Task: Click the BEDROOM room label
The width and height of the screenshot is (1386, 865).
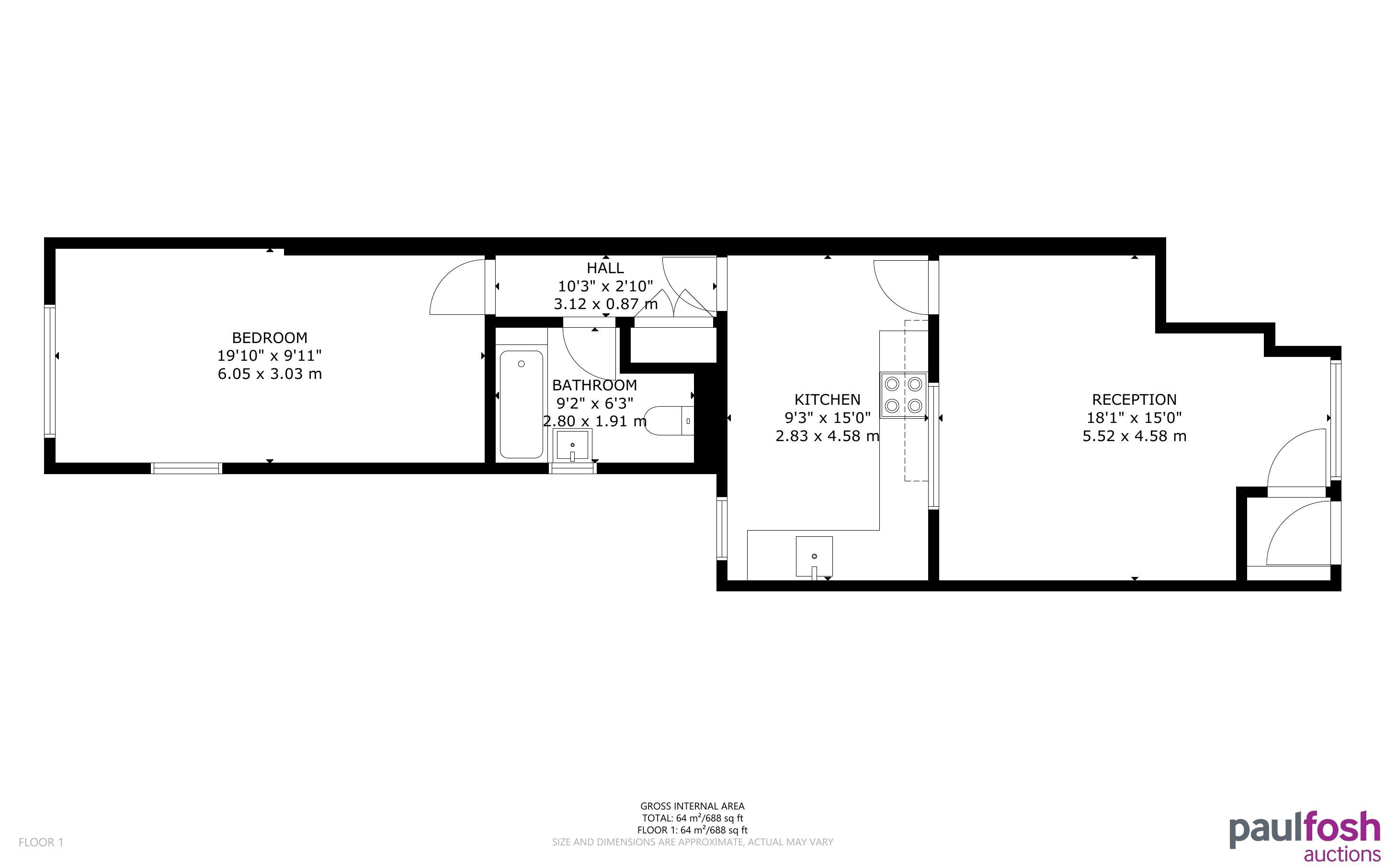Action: tap(270, 338)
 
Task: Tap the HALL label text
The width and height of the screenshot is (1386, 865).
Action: tap(605, 268)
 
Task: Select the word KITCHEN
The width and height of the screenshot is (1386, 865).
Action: tap(827, 399)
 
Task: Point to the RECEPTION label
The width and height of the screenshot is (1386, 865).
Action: tap(1134, 399)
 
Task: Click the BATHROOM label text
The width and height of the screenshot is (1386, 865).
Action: tap(594, 385)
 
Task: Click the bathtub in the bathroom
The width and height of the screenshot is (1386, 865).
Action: tap(521, 404)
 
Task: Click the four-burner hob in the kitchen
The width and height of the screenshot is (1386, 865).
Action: tap(903, 395)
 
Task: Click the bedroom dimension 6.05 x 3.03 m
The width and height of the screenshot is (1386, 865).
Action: tap(270, 374)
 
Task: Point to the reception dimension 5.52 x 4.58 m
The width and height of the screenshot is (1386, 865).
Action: tap(1134, 436)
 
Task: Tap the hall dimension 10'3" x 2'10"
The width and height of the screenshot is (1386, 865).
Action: tap(605, 286)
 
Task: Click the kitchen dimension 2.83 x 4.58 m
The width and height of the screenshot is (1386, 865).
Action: tap(827, 436)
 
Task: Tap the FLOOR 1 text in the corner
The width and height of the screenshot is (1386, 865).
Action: tap(41, 842)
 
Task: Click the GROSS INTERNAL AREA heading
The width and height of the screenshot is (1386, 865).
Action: tap(692, 806)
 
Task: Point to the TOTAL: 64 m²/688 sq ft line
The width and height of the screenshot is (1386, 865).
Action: tap(692, 818)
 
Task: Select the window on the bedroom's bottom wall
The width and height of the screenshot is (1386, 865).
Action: tap(187, 468)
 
